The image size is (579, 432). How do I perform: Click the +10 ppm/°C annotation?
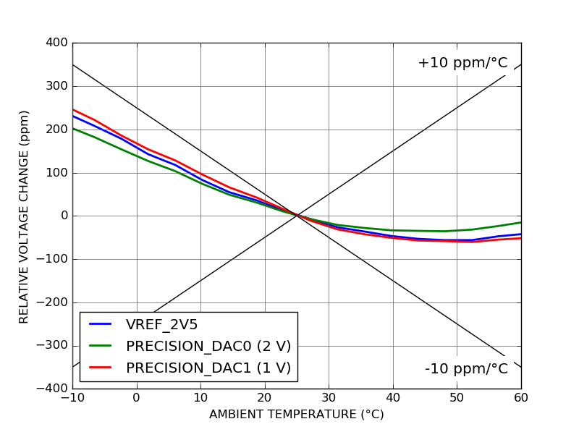click(462, 63)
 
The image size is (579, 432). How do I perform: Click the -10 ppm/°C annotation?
click(466, 368)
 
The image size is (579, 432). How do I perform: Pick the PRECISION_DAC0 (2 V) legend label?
click(208, 346)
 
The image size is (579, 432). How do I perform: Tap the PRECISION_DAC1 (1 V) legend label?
click(208, 368)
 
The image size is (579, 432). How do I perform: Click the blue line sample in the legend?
click(100, 325)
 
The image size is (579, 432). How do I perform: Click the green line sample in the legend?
click(100, 347)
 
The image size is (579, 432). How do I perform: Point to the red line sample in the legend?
click(100, 368)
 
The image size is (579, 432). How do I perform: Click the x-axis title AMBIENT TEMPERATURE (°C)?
click(296, 415)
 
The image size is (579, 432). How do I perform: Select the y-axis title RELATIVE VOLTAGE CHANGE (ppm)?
click(24, 216)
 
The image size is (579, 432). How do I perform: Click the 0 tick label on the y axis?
click(64, 216)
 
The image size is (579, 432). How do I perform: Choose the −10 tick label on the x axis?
click(72, 397)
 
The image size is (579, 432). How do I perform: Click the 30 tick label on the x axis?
click(329, 397)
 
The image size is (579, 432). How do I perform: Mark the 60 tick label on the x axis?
click(520, 397)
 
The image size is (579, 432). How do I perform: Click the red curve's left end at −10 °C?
click(73, 110)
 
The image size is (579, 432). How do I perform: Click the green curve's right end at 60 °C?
click(520, 222)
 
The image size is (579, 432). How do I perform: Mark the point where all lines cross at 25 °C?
click(297, 215)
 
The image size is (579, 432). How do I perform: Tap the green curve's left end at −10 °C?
click(73, 128)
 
